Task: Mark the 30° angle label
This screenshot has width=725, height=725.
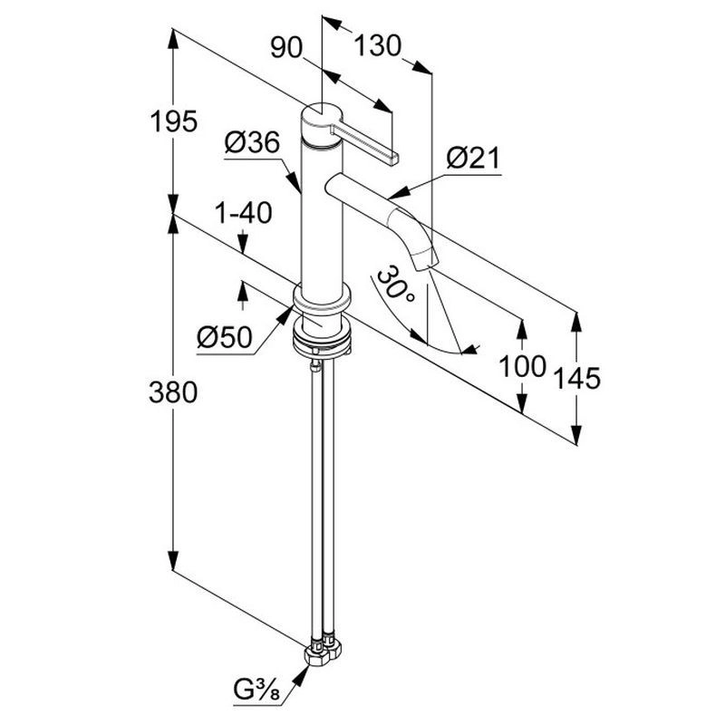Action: [x=396, y=288]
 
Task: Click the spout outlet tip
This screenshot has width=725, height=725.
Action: [x=426, y=260]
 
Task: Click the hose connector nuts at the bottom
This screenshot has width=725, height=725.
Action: [x=324, y=652]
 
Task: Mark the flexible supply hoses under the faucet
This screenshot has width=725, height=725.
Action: [x=324, y=498]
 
